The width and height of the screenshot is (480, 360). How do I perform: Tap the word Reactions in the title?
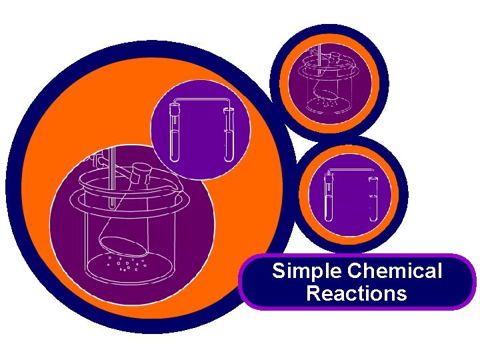click(357, 293)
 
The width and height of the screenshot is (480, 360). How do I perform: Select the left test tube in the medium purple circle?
click(175, 137)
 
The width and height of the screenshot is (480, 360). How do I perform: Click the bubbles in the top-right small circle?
click(326, 103)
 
